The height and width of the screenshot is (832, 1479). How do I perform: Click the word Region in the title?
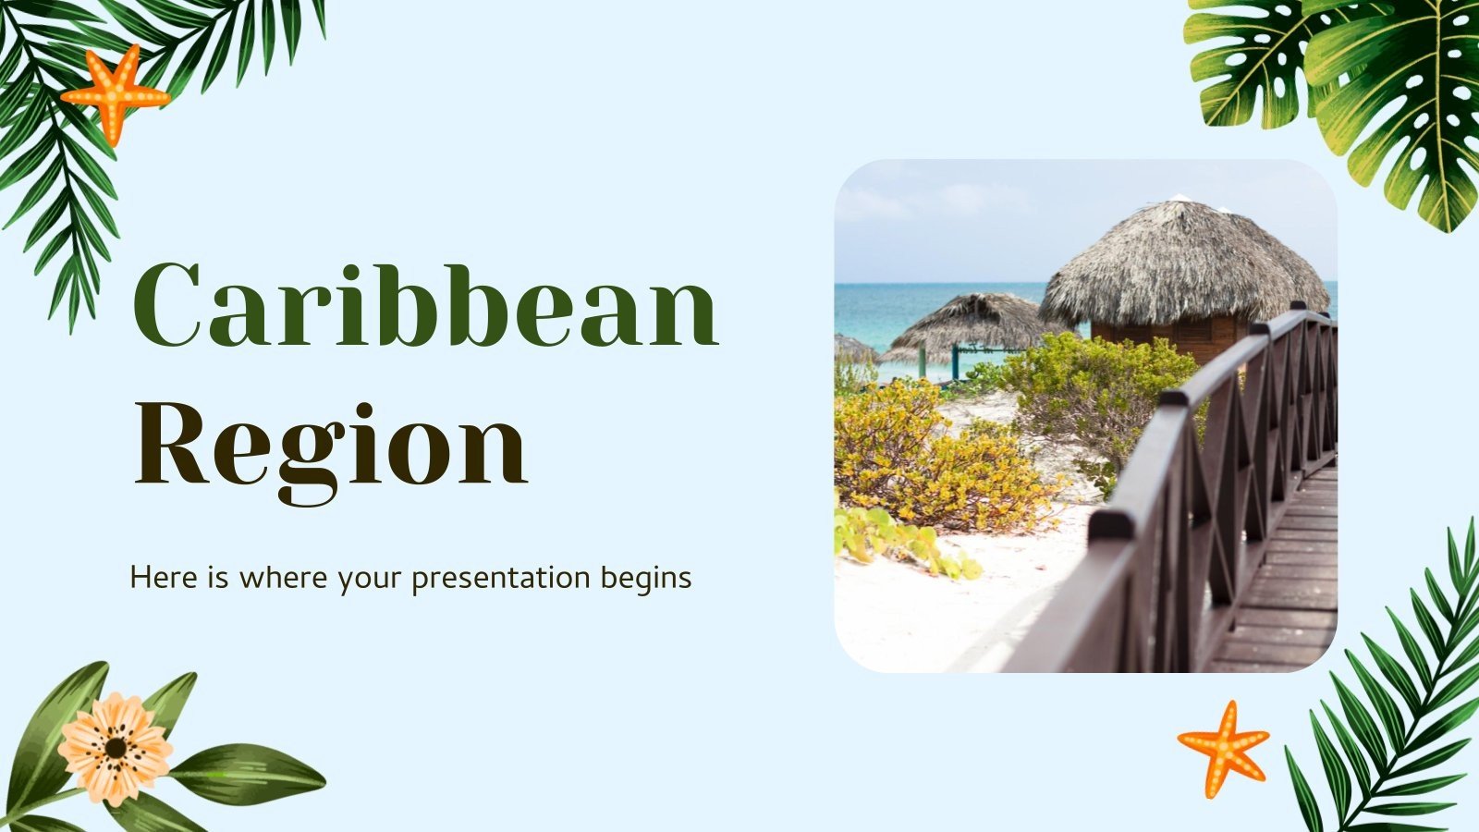330,445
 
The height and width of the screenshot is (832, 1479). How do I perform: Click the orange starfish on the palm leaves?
114,92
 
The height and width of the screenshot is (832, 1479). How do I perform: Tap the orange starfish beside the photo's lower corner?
1223,746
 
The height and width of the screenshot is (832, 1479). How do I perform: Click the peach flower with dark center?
115,747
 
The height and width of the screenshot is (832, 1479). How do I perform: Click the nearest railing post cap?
1110,525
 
